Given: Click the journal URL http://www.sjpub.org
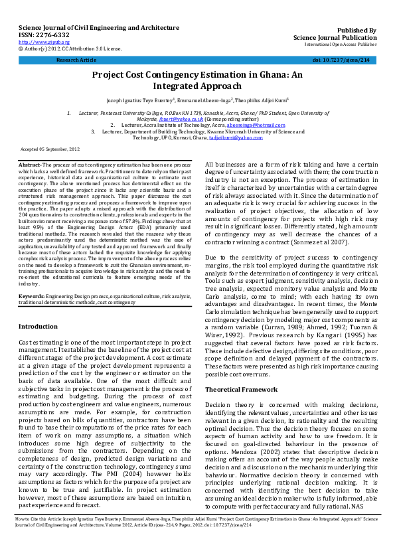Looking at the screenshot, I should (37, 42).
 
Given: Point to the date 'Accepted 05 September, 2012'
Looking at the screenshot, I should (50, 150).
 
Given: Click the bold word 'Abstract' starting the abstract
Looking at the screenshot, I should (30, 164).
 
